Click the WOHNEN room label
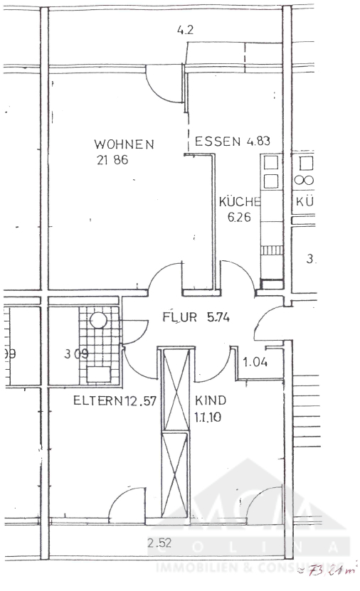point(124,144)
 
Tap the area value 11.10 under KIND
point(208,417)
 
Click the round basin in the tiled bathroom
point(97,321)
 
